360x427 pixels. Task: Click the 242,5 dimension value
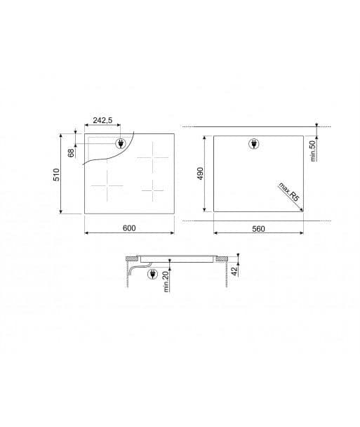pos(102,121)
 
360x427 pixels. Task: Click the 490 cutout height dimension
pos(200,173)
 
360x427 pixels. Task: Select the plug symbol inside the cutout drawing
pos(253,145)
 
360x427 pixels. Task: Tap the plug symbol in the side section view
pos(152,275)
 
